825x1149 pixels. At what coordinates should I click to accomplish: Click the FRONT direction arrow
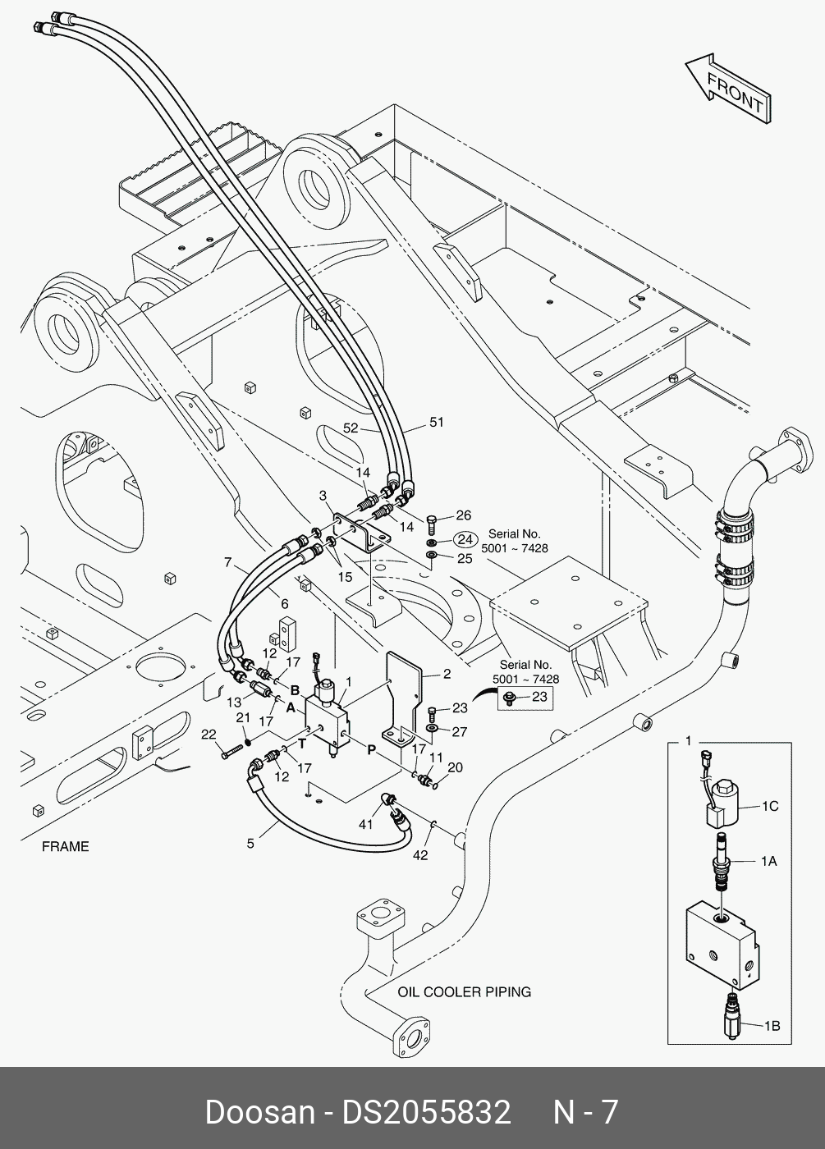click(727, 90)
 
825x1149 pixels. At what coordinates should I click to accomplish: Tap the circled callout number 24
click(465, 540)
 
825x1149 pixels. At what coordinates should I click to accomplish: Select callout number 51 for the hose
click(436, 423)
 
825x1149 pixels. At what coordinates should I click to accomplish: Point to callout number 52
click(351, 428)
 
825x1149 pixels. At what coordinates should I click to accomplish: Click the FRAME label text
click(65, 846)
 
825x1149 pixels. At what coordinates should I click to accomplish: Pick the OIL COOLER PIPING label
click(464, 991)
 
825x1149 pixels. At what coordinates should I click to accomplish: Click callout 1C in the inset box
click(769, 807)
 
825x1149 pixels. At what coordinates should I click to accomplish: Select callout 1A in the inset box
click(768, 861)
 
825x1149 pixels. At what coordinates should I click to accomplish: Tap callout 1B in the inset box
click(772, 1025)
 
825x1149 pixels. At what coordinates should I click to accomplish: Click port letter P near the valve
click(371, 748)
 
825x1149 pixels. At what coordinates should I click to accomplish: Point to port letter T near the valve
click(301, 744)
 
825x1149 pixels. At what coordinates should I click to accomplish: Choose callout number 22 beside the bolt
click(209, 734)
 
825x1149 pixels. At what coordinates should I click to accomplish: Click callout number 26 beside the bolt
click(464, 515)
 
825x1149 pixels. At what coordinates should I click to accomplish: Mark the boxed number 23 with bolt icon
click(529, 698)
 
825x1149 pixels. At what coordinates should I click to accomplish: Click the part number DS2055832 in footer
click(427, 1112)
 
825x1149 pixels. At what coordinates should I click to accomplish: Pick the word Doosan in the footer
click(259, 1112)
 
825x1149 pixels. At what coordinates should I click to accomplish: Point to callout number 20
click(456, 768)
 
